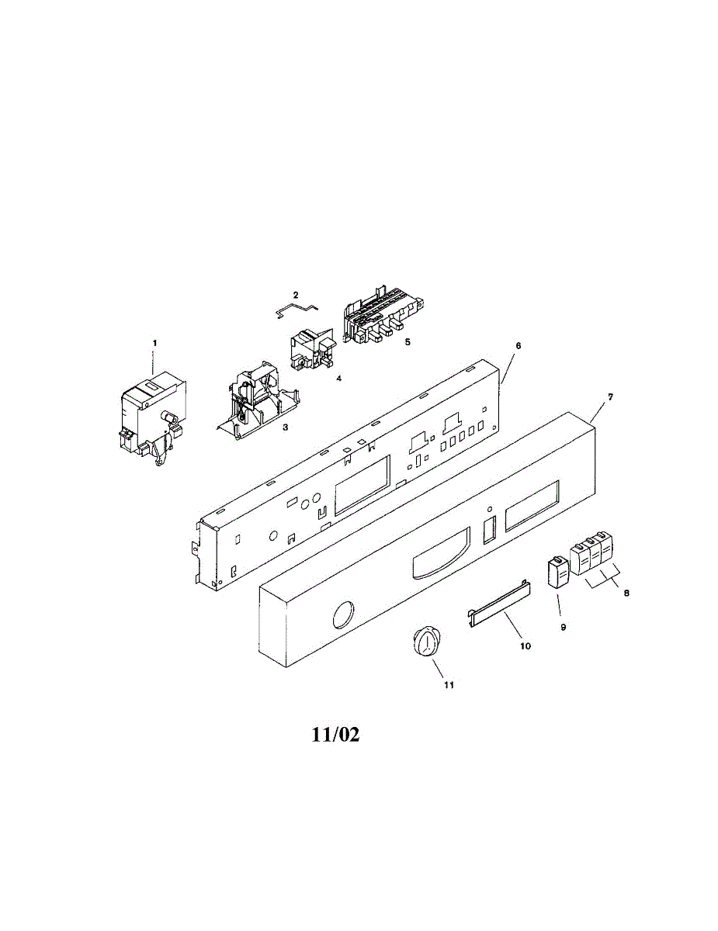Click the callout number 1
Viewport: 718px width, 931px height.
pyautogui.click(x=154, y=343)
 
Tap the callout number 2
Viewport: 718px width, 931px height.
pyautogui.click(x=295, y=295)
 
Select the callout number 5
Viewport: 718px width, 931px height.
pyautogui.click(x=408, y=342)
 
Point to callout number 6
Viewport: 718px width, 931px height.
pyautogui.click(x=519, y=346)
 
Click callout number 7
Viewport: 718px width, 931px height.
pyautogui.click(x=610, y=397)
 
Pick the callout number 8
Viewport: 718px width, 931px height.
pyautogui.click(x=626, y=593)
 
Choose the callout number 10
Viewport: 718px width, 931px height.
pyautogui.click(x=525, y=645)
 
